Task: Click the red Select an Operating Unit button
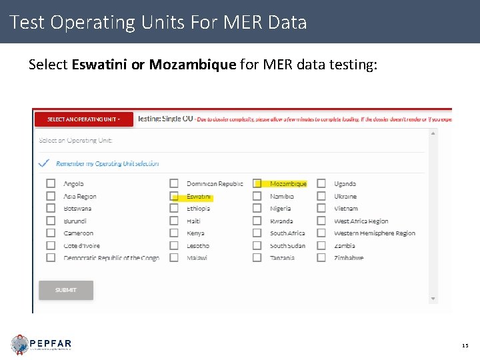pos(83,119)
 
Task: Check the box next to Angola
pos(51,184)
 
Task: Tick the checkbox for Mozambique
pos(257,184)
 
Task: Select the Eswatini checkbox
pos(174,197)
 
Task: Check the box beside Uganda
pos(321,184)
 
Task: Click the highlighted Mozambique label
pos(288,184)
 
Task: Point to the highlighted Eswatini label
pos(199,197)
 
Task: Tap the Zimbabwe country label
pos(349,258)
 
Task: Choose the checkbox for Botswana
pos(51,209)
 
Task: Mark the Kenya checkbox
pos(174,233)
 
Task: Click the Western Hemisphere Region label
pos(374,233)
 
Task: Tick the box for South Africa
pos(257,233)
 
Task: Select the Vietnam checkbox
pos(321,209)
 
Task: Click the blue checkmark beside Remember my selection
pos(44,163)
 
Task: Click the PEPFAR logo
pos(41,344)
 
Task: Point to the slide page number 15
pos(465,345)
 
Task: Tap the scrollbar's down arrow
pos(433,299)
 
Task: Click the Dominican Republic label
pos(215,184)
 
